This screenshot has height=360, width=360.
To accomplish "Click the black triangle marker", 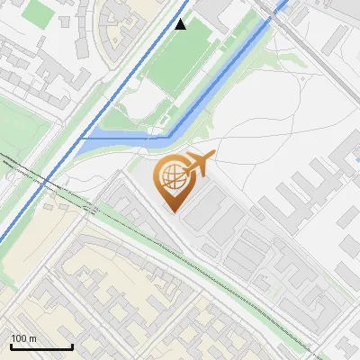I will [181, 24].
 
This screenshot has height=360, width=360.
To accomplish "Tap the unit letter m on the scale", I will [33, 338].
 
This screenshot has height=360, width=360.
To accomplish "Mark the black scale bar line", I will [41, 346].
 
